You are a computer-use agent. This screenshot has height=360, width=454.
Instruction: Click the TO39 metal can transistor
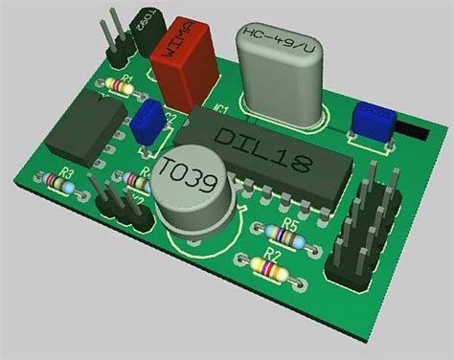click(x=196, y=191)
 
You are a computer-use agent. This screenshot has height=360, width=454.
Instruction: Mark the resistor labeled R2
click(x=271, y=271)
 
